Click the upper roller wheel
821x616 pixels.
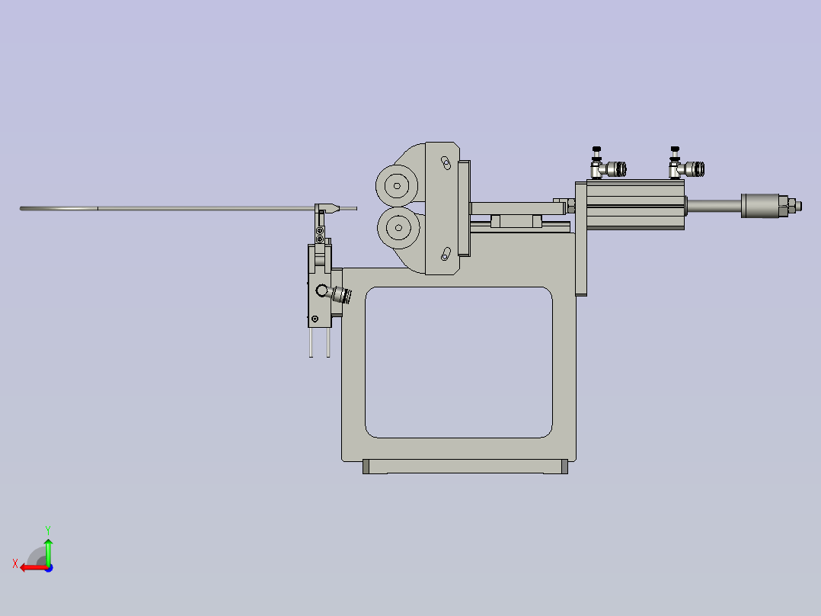click(x=396, y=185)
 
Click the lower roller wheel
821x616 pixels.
click(x=396, y=226)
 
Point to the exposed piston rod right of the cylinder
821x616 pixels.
click(x=713, y=204)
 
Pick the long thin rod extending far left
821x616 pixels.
click(x=152, y=208)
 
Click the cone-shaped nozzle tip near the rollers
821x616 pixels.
click(x=331, y=207)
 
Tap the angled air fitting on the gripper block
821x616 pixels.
click(x=340, y=294)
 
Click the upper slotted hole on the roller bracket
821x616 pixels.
click(x=446, y=162)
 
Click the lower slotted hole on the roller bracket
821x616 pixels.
click(x=446, y=253)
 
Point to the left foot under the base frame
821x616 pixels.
click(x=366, y=467)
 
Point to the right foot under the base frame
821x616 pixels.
click(x=564, y=467)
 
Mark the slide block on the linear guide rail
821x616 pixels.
click(x=516, y=221)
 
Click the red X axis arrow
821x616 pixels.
click(x=29, y=567)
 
